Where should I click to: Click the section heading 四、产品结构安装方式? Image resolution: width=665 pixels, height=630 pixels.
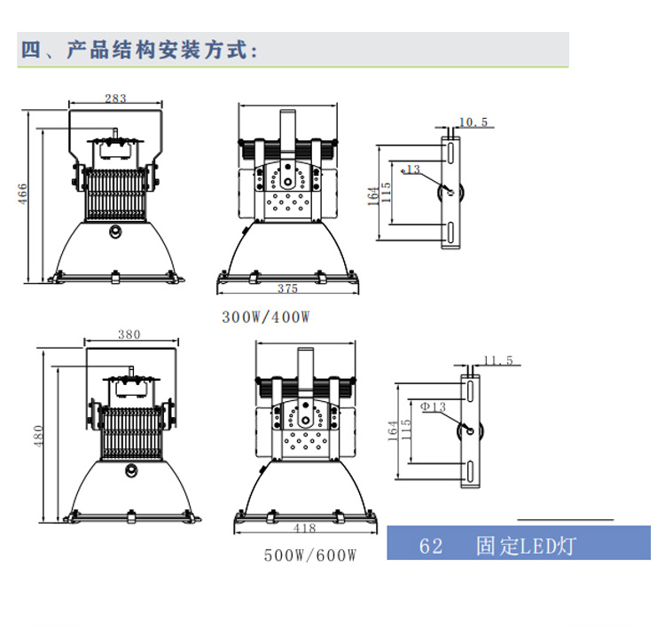(139, 50)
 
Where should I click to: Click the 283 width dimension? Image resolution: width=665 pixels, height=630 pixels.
(115, 98)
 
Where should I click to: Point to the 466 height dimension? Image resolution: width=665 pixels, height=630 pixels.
(24, 194)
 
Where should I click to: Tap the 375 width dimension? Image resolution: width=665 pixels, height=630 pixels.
(286, 288)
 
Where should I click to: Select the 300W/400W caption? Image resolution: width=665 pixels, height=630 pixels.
(265, 317)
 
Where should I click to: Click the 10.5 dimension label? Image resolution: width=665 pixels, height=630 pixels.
(473, 122)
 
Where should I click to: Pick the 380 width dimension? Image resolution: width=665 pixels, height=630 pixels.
(129, 335)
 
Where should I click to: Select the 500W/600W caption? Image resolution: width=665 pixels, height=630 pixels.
(309, 555)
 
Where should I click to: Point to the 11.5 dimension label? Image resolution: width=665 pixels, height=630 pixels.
(497, 360)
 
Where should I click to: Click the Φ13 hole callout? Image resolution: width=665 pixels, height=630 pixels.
(433, 407)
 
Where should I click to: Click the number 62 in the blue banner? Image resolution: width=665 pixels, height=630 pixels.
(431, 545)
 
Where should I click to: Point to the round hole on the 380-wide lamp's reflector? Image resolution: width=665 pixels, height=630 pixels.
(130, 471)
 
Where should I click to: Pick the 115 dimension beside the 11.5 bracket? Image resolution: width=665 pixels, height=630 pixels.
(406, 432)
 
